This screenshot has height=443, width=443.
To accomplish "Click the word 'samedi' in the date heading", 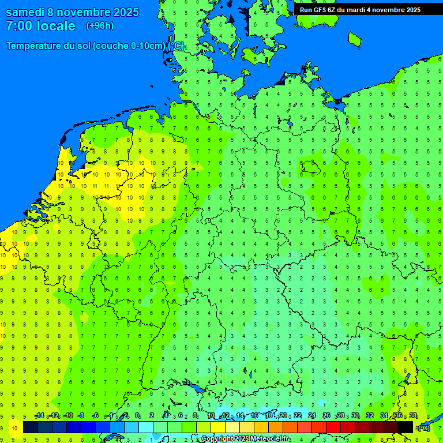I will coord(25,12).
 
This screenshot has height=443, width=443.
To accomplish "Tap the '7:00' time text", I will coord(19,26).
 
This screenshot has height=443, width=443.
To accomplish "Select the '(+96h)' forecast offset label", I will coord(100,26).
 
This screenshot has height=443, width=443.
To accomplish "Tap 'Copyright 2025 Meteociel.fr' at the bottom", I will coord(246,439).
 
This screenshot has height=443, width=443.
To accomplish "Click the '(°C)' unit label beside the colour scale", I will coord(423,427).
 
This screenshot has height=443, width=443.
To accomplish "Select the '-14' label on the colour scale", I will coord(39,416).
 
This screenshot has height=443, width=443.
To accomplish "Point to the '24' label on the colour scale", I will coord(312,416).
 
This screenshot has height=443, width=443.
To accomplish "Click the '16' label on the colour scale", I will coord(254,416).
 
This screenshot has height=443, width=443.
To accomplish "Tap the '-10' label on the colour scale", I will coord(67,416).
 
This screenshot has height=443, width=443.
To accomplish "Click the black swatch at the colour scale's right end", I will coord(406,427).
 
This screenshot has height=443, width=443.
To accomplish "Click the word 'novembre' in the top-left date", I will coord(84,12).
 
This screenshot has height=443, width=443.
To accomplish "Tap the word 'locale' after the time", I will coord(57,26).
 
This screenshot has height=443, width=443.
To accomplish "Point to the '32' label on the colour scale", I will coord(369,416).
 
